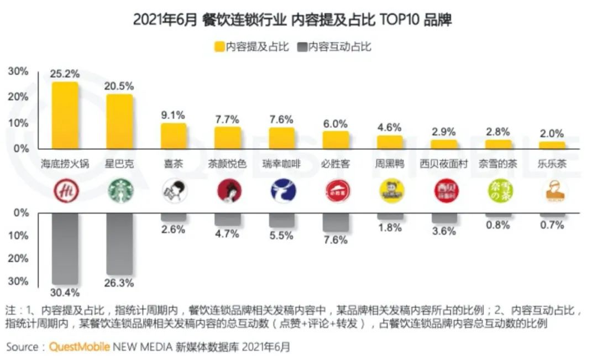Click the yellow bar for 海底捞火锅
[x=65, y=115]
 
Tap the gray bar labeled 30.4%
[x=65, y=248]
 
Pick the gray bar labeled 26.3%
[x=119, y=243]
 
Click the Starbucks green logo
[x=120, y=191]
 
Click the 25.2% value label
[x=65, y=74]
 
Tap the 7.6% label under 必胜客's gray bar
[x=336, y=240]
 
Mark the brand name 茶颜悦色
[x=228, y=164]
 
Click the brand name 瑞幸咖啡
[x=282, y=164]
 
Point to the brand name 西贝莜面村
[x=444, y=164]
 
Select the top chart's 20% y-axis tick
[x=18, y=97]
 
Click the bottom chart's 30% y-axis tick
[x=18, y=281]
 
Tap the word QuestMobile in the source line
[x=80, y=347]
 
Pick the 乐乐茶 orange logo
[x=553, y=191]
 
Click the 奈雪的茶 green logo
[x=499, y=191]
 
